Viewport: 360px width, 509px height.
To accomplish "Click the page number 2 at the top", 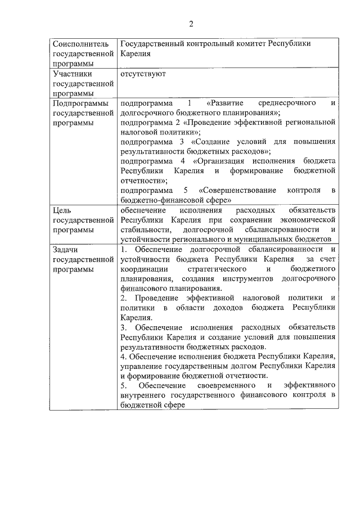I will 191,24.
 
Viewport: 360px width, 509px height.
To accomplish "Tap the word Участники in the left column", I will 72,74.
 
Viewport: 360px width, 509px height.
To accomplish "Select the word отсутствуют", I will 143,74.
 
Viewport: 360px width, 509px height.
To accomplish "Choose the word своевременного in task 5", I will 226,385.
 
